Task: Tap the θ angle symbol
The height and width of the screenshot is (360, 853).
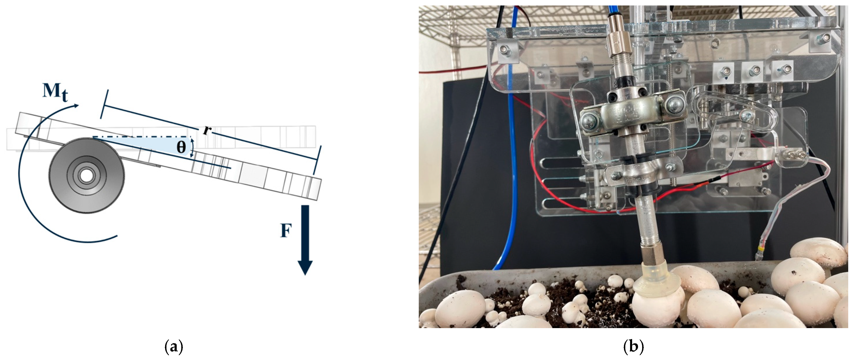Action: [181, 147]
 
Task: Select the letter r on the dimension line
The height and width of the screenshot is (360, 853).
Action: [206, 130]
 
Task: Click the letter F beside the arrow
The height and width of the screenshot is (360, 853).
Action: [286, 231]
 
